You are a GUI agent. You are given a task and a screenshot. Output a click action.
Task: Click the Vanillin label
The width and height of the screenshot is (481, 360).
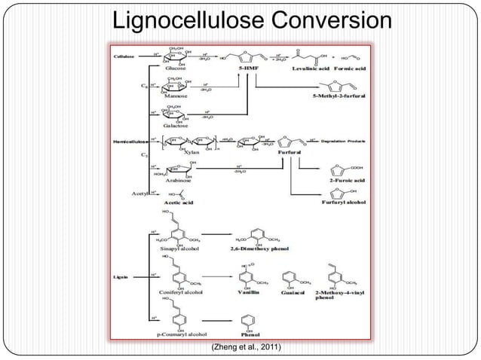coord(250,292)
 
